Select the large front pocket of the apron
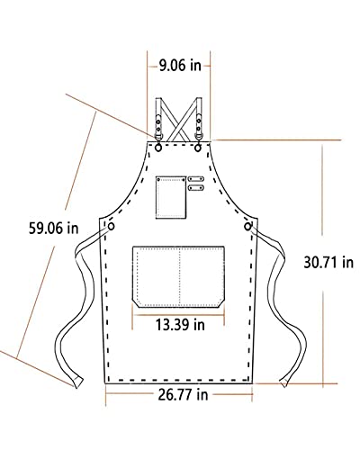(180, 274)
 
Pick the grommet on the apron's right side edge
(246, 225)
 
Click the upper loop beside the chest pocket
(193, 179)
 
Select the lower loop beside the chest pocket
(193, 189)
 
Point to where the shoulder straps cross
(181, 112)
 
